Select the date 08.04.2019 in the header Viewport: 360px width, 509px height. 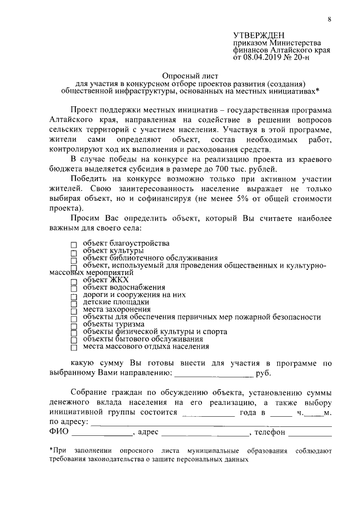263,57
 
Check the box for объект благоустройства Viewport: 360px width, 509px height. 74,245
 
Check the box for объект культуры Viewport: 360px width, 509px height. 74,252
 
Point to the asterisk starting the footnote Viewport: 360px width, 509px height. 51,450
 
